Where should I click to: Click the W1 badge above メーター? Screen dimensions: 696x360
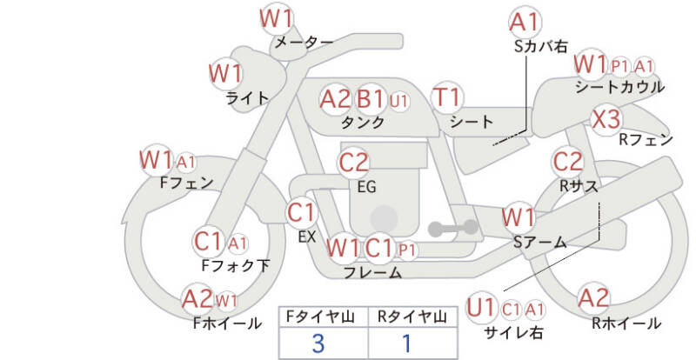pyautogui.click(x=276, y=18)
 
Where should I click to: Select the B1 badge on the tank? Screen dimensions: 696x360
pyautogui.click(x=371, y=99)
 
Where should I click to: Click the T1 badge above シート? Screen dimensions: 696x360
pyautogui.click(x=447, y=97)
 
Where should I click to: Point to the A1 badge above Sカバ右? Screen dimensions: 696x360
pyautogui.click(x=525, y=23)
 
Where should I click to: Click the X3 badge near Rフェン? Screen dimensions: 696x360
pyautogui.click(x=606, y=119)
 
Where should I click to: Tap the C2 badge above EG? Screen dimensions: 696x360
pyautogui.click(x=353, y=163)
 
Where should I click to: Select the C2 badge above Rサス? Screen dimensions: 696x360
pyautogui.click(x=568, y=162)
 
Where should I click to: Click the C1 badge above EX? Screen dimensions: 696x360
pyautogui.click(x=301, y=214)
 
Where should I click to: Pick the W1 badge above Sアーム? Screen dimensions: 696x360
pyautogui.click(x=518, y=218)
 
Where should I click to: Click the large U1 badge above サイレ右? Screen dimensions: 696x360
pyautogui.click(x=482, y=308)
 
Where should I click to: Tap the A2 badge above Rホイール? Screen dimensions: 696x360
pyautogui.click(x=593, y=298)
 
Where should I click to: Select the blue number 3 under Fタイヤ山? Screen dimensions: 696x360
pyautogui.click(x=318, y=343)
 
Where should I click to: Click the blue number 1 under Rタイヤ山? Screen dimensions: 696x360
pyautogui.click(x=406, y=343)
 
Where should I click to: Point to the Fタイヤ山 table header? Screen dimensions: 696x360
pyautogui.click(x=320, y=317)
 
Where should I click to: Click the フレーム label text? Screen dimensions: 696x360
pyautogui.click(x=373, y=272)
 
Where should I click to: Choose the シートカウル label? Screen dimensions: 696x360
pyautogui.click(x=619, y=87)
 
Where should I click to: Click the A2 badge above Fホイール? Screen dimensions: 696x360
pyautogui.click(x=198, y=299)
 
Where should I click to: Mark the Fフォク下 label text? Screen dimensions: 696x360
pyautogui.click(x=236, y=265)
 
